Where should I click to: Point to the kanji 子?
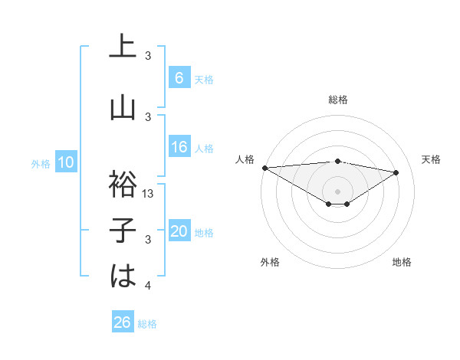coord(123,231)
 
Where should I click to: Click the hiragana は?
coord(123,277)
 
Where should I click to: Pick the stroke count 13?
coord(149,194)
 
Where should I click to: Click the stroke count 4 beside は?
coord(148,286)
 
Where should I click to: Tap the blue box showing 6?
coord(179,78)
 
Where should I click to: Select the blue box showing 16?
coord(179,147)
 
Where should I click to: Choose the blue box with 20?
coord(179,231)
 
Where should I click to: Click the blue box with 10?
coord(66,162)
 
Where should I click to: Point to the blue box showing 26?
coord(122,322)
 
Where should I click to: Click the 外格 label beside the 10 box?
coord(40,163)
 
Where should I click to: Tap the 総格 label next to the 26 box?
coord(147,323)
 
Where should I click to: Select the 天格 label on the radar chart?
coord(431,159)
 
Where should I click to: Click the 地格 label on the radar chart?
coord(402,262)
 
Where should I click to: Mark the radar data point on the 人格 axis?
coord(264,167)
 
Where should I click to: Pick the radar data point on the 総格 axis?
coord(337,161)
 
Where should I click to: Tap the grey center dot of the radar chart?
coord(337,190)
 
